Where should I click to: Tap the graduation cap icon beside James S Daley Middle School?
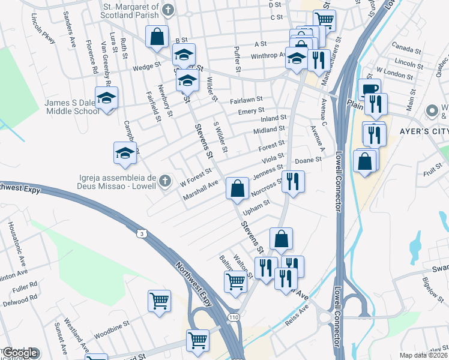107,98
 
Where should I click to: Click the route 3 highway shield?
140,232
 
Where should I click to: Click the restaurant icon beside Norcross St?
293,181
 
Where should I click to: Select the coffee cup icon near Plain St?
369,90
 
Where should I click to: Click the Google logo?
20,353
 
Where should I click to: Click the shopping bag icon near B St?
157,37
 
